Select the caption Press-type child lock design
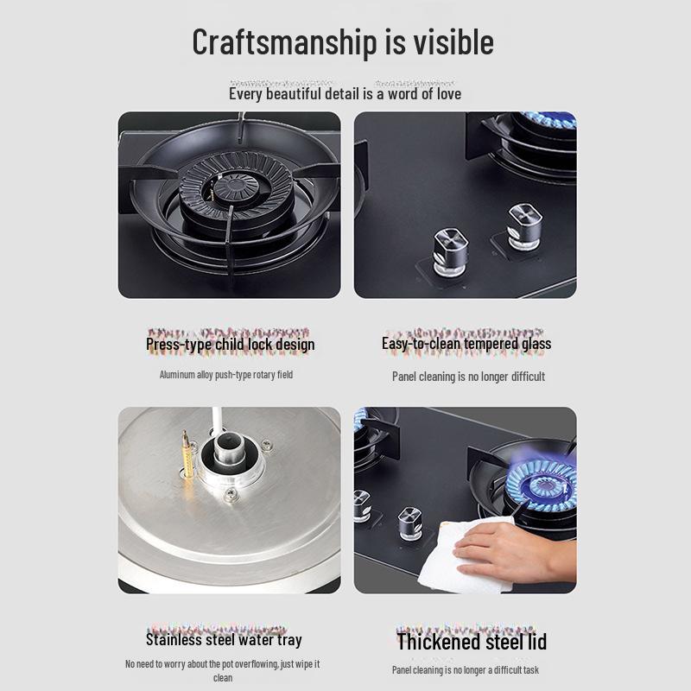[230, 344]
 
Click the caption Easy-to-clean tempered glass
[466, 344]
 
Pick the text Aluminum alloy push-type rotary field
[226, 375]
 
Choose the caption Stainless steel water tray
[224, 640]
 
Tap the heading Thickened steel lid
[471, 642]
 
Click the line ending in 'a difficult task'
[466, 670]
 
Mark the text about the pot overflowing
[222, 664]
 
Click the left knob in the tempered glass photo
[450, 250]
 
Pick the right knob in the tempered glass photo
[523, 226]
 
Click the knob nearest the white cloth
[409, 523]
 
